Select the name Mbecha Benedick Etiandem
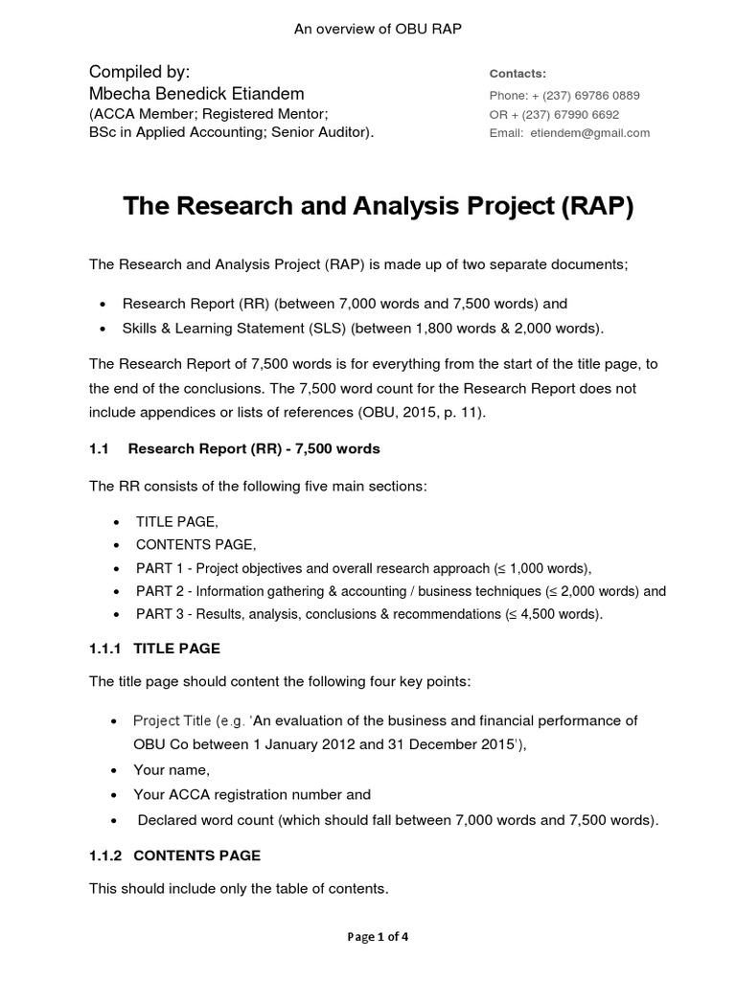click(x=196, y=93)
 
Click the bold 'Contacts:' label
click(x=517, y=74)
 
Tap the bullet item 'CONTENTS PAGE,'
click(x=195, y=544)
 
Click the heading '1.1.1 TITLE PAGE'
click(x=154, y=649)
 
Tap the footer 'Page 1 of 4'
click(x=378, y=937)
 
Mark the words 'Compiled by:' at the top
click(x=139, y=72)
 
